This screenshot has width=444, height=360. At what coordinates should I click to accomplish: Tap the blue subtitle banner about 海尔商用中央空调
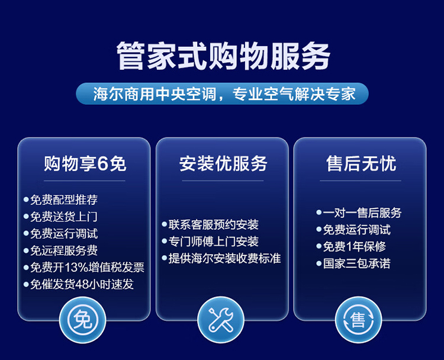click(x=222, y=94)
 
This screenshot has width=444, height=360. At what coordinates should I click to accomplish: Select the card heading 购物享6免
click(x=85, y=163)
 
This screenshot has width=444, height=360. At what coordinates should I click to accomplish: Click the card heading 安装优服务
click(x=223, y=163)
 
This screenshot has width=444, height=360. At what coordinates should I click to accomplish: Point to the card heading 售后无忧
click(x=361, y=163)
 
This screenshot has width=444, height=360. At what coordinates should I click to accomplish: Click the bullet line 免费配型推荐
click(x=64, y=200)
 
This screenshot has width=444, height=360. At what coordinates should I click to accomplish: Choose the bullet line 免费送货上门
click(x=64, y=217)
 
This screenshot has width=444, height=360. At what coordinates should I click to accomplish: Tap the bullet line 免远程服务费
click(x=64, y=250)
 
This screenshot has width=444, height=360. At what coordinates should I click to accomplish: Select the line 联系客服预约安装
click(x=214, y=224)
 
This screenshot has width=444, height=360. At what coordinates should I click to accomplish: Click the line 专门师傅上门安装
click(x=214, y=242)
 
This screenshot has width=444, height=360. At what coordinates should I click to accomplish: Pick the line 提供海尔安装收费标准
click(x=225, y=258)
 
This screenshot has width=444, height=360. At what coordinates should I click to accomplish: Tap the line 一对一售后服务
click(x=362, y=213)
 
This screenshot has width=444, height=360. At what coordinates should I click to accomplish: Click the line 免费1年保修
click(x=354, y=246)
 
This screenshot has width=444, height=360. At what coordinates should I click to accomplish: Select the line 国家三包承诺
click(x=357, y=263)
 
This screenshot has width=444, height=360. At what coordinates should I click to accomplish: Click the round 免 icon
click(x=83, y=320)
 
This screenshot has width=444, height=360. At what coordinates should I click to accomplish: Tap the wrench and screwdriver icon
click(x=221, y=320)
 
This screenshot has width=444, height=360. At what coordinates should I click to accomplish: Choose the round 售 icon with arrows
click(x=359, y=320)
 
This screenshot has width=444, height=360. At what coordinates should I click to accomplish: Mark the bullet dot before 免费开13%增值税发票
click(x=26, y=268)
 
